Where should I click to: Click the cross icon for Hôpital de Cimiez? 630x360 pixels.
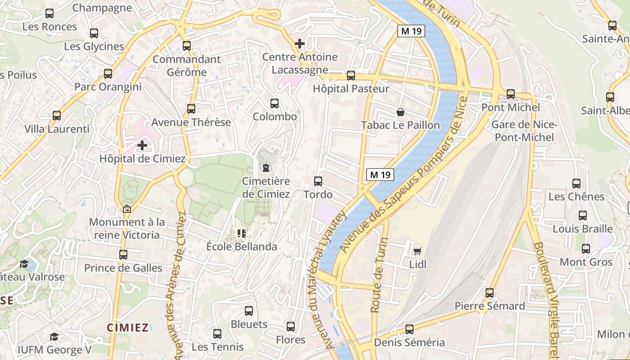click(x=142, y=145)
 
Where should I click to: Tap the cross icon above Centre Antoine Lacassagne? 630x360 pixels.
click(x=299, y=44)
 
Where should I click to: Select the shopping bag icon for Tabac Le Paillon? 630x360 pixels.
click(x=400, y=112)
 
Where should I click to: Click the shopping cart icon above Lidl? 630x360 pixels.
click(x=418, y=251)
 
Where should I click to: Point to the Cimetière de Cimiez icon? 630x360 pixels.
click(x=266, y=168)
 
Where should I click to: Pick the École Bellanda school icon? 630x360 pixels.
click(x=242, y=233)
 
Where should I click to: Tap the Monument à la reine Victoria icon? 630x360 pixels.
click(x=127, y=209)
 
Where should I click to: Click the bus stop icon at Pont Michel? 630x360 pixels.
click(x=511, y=94)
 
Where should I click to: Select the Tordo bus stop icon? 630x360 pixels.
click(x=318, y=181)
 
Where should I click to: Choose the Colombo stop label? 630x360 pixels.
click(x=274, y=117)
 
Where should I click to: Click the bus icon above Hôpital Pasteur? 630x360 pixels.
click(x=351, y=76)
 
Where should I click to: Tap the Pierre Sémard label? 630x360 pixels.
click(x=490, y=306)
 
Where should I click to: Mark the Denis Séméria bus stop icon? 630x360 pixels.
click(x=409, y=329)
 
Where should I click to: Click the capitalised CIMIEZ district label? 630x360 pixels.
click(x=128, y=327)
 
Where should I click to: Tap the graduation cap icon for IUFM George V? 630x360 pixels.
click(x=54, y=337)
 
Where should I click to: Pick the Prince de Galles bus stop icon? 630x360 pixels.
click(x=123, y=255)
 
